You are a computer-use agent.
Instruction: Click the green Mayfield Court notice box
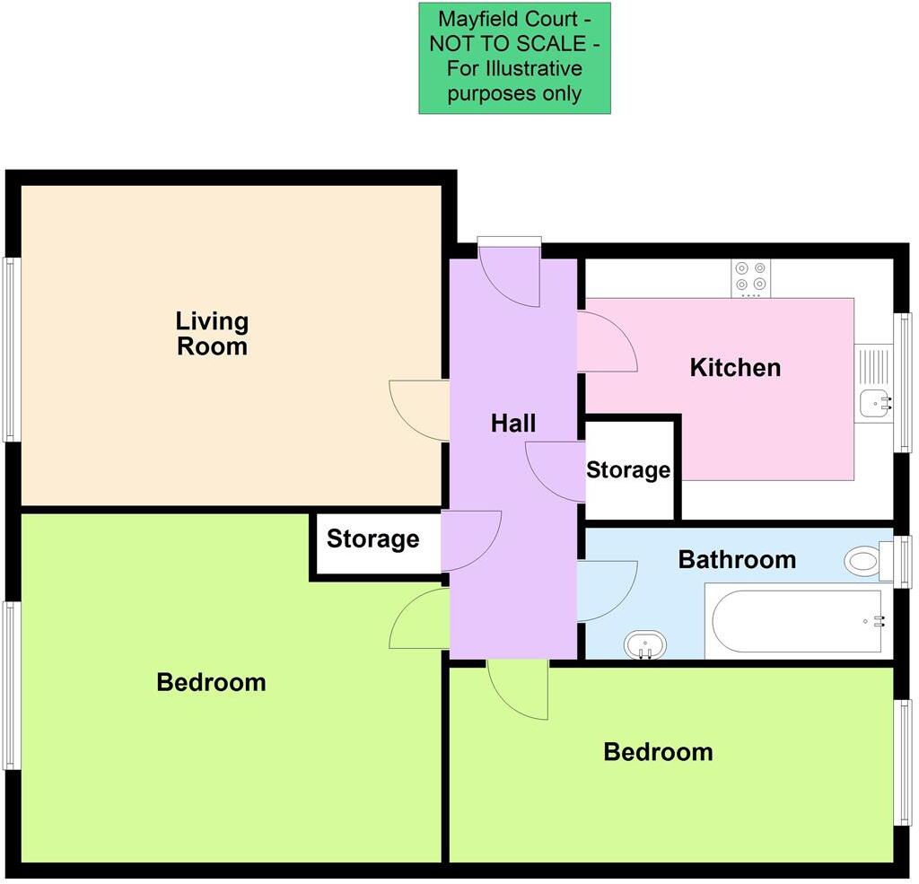[x=514, y=58]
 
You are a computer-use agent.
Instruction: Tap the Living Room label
[x=212, y=333]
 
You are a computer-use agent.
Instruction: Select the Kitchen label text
[x=735, y=367]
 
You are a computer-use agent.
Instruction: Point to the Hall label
[x=513, y=423]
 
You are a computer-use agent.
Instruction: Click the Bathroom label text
[x=737, y=560]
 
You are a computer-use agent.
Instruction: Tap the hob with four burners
[x=751, y=277]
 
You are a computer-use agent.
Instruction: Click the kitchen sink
[x=873, y=403]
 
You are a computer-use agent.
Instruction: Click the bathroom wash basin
[x=645, y=643]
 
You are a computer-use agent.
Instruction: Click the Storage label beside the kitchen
[x=628, y=470]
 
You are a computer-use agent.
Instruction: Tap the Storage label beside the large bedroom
[x=372, y=538]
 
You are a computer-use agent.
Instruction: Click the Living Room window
[x=10, y=349]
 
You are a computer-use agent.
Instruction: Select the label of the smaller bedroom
[x=658, y=751]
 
